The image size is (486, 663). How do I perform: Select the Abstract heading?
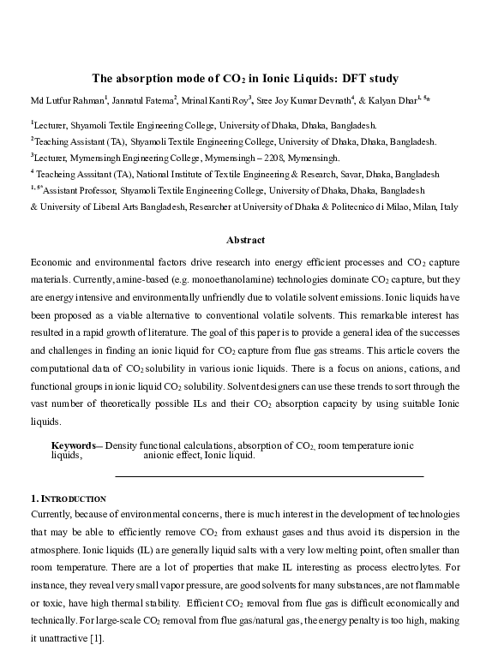tap(244, 240)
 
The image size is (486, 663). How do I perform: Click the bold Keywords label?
tap(74, 446)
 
